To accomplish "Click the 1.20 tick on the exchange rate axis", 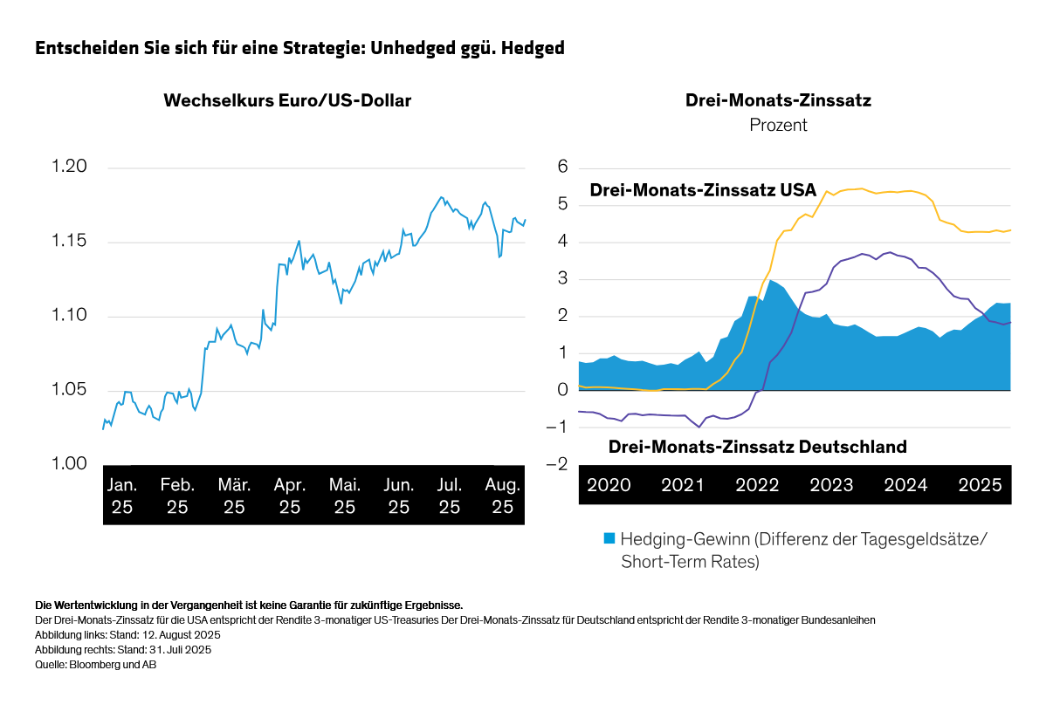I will (69, 167).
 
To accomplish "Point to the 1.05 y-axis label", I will (69, 389).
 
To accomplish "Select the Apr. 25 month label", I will (289, 496).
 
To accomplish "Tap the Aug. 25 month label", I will (503, 496).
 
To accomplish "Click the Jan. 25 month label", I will (122, 496).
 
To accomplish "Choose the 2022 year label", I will (757, 485).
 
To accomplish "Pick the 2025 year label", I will (980, 485).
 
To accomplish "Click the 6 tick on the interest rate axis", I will (563, 167).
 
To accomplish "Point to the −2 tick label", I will (557, 464).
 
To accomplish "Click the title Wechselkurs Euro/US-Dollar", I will (287, 100).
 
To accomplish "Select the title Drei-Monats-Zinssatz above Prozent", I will (778, 100).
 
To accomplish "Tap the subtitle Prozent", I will (778, 125).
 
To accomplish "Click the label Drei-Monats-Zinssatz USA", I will (703, 190).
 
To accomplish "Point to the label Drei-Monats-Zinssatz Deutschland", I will (757, 447).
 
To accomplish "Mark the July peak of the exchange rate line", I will (441, 197).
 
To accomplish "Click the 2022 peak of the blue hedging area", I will (771, 280).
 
